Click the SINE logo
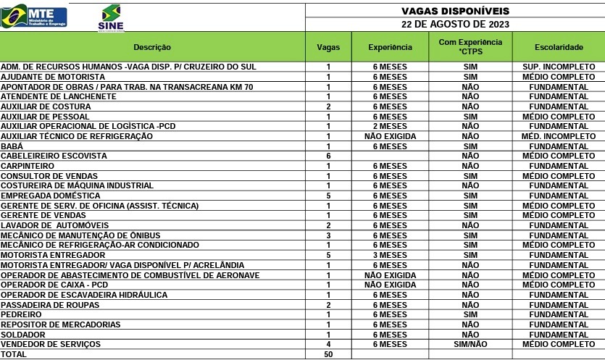tap(110, 18)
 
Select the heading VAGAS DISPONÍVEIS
tap(455, 11)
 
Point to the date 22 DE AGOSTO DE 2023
tap(455, 25)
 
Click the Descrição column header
tap(152, 47)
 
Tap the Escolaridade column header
tap(559, 47)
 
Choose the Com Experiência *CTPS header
tap(470, 47)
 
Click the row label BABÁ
tap(11, 146)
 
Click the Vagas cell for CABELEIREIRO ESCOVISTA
tap(328, 156)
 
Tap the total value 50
tap(328, 354)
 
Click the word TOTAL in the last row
tap(14, 354)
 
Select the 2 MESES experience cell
tap(390, 126)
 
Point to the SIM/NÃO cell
tap(470, 344)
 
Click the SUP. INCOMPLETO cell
tap(559, 67)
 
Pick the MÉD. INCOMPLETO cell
tap(559, 136)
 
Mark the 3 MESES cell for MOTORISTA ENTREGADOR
tap(390, 255)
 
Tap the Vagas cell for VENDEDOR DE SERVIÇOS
tap(328, 344)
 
